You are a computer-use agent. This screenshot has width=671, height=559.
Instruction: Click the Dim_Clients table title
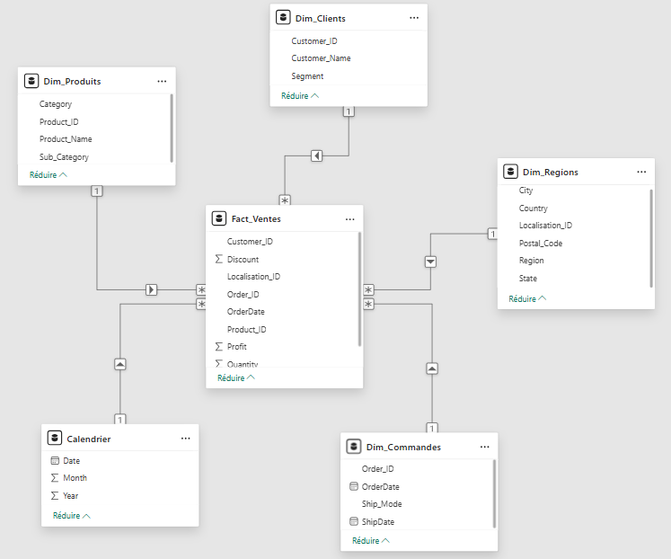[320, 18]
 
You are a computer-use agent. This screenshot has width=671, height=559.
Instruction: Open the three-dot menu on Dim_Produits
[162, 81]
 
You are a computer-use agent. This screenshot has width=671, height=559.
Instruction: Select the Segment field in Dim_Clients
[307, 76]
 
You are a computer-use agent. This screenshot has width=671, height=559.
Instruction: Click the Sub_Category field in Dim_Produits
[64, 157]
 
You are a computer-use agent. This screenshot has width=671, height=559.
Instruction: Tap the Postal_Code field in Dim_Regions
[541, 244]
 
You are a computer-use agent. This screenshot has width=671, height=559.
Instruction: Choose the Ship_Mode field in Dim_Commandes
[382, 504]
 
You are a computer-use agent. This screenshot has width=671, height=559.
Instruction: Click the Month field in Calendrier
[75, 478]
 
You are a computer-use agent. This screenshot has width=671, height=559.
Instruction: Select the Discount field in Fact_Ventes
[243, 260]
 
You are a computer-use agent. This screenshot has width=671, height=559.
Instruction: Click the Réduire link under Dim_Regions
[527, 298]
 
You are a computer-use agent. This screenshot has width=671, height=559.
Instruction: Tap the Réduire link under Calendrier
[72, 515]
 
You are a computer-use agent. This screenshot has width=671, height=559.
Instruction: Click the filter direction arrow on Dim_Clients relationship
[317, 155]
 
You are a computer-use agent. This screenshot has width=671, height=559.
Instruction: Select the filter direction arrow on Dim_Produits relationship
[151, 289]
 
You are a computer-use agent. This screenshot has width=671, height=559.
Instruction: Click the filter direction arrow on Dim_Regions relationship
[430, 262]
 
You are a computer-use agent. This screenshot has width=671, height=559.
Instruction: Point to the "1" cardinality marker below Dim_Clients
[349, 111]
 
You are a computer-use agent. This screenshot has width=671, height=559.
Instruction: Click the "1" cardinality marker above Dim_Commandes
[432, 428]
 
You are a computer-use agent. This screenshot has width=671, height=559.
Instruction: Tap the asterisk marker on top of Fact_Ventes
[285, 200]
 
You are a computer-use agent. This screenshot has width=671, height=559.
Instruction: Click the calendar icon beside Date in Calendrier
[55, 460]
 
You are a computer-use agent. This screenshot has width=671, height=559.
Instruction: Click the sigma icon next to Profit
[218, 346]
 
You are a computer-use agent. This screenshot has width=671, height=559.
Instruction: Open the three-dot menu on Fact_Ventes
[350, 219]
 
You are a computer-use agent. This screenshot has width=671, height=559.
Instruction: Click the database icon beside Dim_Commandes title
[354, 447]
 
